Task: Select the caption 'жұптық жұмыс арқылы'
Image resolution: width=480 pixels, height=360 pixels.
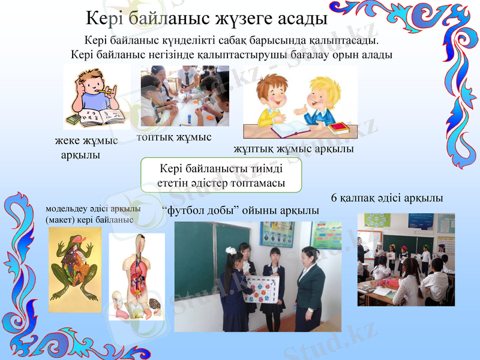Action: (x=293, y=148)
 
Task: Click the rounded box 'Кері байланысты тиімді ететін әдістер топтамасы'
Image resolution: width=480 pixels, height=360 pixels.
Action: (x=221, y=175)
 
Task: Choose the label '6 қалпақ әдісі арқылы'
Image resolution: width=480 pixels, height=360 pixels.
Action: (x=387, y=197)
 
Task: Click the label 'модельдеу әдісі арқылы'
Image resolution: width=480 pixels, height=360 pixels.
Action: (x=93, y=209)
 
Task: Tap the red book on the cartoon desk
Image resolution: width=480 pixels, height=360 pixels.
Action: (x=338, y=127)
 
